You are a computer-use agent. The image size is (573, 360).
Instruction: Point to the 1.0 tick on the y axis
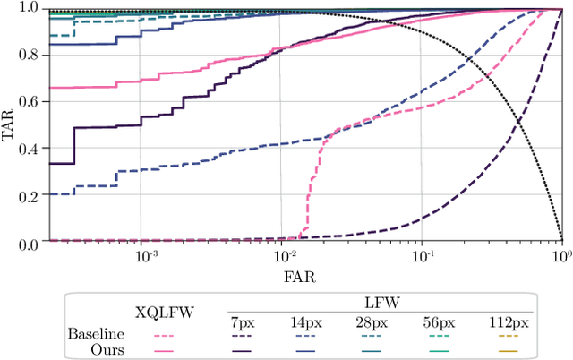(28, 9)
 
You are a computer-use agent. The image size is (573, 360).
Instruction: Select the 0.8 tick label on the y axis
(28, 56)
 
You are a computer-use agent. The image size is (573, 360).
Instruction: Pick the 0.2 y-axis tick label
(28, 196)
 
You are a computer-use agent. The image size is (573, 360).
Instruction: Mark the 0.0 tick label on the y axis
(28, 244)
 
